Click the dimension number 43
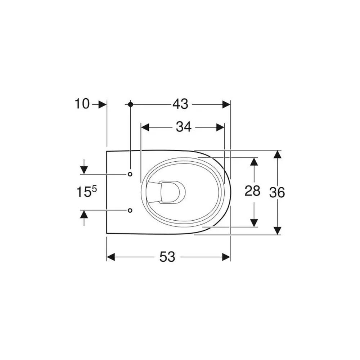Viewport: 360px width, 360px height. click(180, 104)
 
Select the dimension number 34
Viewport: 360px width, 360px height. click(184, 127)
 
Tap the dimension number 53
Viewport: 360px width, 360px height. click(167, 257)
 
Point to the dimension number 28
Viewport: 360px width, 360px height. click(252, 191)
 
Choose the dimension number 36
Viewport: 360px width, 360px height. click(277, 192)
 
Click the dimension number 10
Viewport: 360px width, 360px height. click(82, 104)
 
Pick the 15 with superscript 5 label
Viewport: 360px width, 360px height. click(86, 192)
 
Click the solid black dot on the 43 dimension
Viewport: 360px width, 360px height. click(130, 104)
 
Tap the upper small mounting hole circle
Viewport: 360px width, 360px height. click(130, 174)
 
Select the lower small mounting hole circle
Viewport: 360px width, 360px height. click(130, 210)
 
